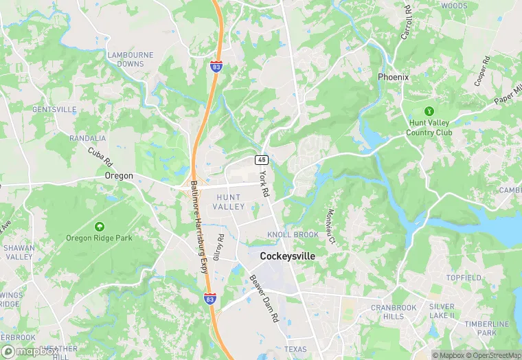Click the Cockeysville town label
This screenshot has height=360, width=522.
point(288,256)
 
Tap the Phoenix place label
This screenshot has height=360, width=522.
point(393,77)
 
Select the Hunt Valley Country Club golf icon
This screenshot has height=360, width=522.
point(429,111)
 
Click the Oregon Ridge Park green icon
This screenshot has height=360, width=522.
point(100,226)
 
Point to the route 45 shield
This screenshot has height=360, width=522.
point(262,159)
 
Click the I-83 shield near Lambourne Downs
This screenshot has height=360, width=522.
point(216,67)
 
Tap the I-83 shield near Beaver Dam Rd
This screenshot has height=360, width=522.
point(210,298)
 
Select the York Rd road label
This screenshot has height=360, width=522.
point(264,185)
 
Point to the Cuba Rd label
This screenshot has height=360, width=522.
point(100,157)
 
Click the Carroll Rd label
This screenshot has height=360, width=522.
point(406,23)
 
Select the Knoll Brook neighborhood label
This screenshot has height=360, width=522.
point(293,235)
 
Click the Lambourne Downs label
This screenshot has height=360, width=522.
point(125,58)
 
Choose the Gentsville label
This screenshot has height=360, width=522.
point(54,109)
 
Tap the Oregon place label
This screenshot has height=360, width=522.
point(119,176)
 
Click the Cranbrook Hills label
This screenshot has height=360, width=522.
point(394,311)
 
